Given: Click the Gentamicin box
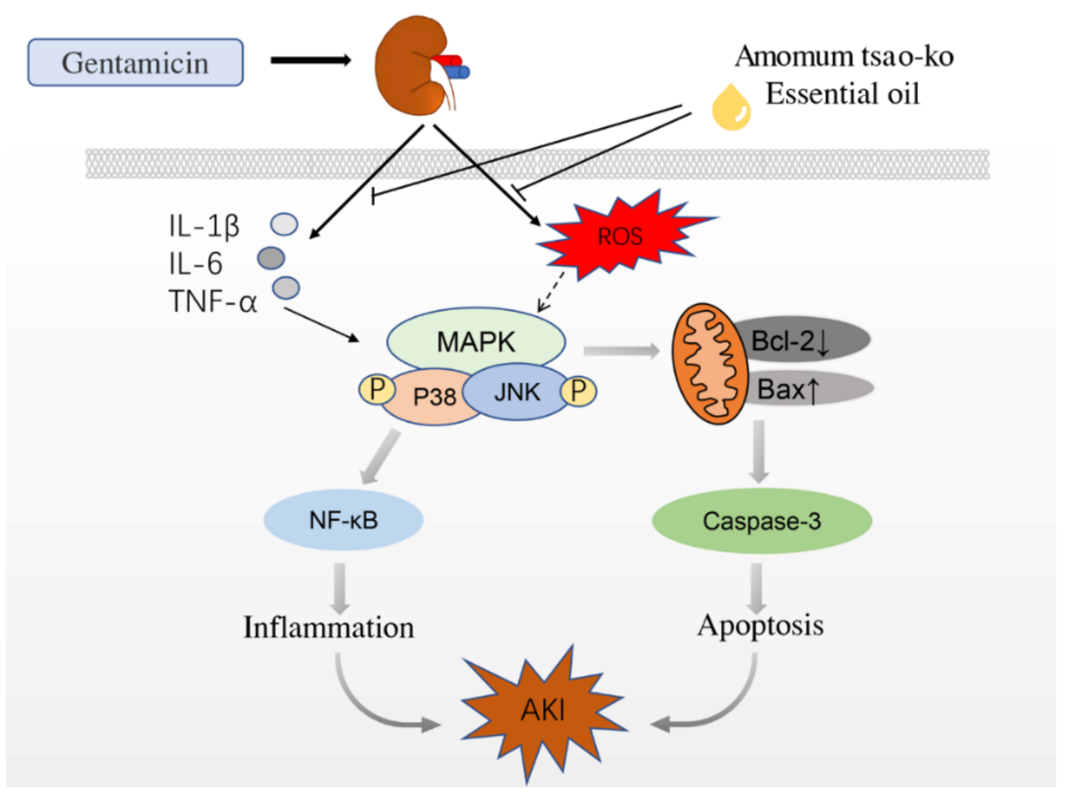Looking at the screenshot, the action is click(x=135, y=62).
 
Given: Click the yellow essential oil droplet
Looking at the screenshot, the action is click(x=732, y=108).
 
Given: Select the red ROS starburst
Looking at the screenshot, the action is click(x=622, y=235).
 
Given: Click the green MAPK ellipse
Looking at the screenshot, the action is click(x=476, y=340).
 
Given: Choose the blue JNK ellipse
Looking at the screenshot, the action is click(x=516, y=391).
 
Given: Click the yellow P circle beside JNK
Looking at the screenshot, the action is click(x=578, y=391).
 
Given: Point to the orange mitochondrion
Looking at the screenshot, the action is click(x=710, y=364).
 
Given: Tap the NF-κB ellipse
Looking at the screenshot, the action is click(x=343, y=520).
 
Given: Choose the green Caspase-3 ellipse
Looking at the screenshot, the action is click(x=762, y=520).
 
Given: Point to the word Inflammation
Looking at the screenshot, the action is click(x=329, y=627).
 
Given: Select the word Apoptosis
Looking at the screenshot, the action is click(x=761, y=626).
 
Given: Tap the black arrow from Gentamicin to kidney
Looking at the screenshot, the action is click(x=311, y=60).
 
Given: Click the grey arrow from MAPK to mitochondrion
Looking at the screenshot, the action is click(x=621, y=350).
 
